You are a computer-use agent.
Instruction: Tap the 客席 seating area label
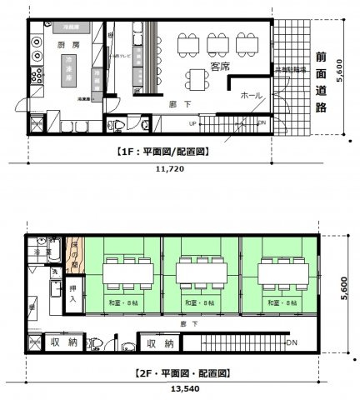(221, 64)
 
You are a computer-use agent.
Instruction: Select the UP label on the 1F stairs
(194, 123)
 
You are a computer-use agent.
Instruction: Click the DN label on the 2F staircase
(291, 342)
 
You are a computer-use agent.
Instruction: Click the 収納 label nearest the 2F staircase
(160, 343)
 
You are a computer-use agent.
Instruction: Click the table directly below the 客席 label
(199, 77)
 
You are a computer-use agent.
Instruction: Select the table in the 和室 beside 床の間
(126, 271)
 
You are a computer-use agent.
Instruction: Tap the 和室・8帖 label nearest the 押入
(121, 302)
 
